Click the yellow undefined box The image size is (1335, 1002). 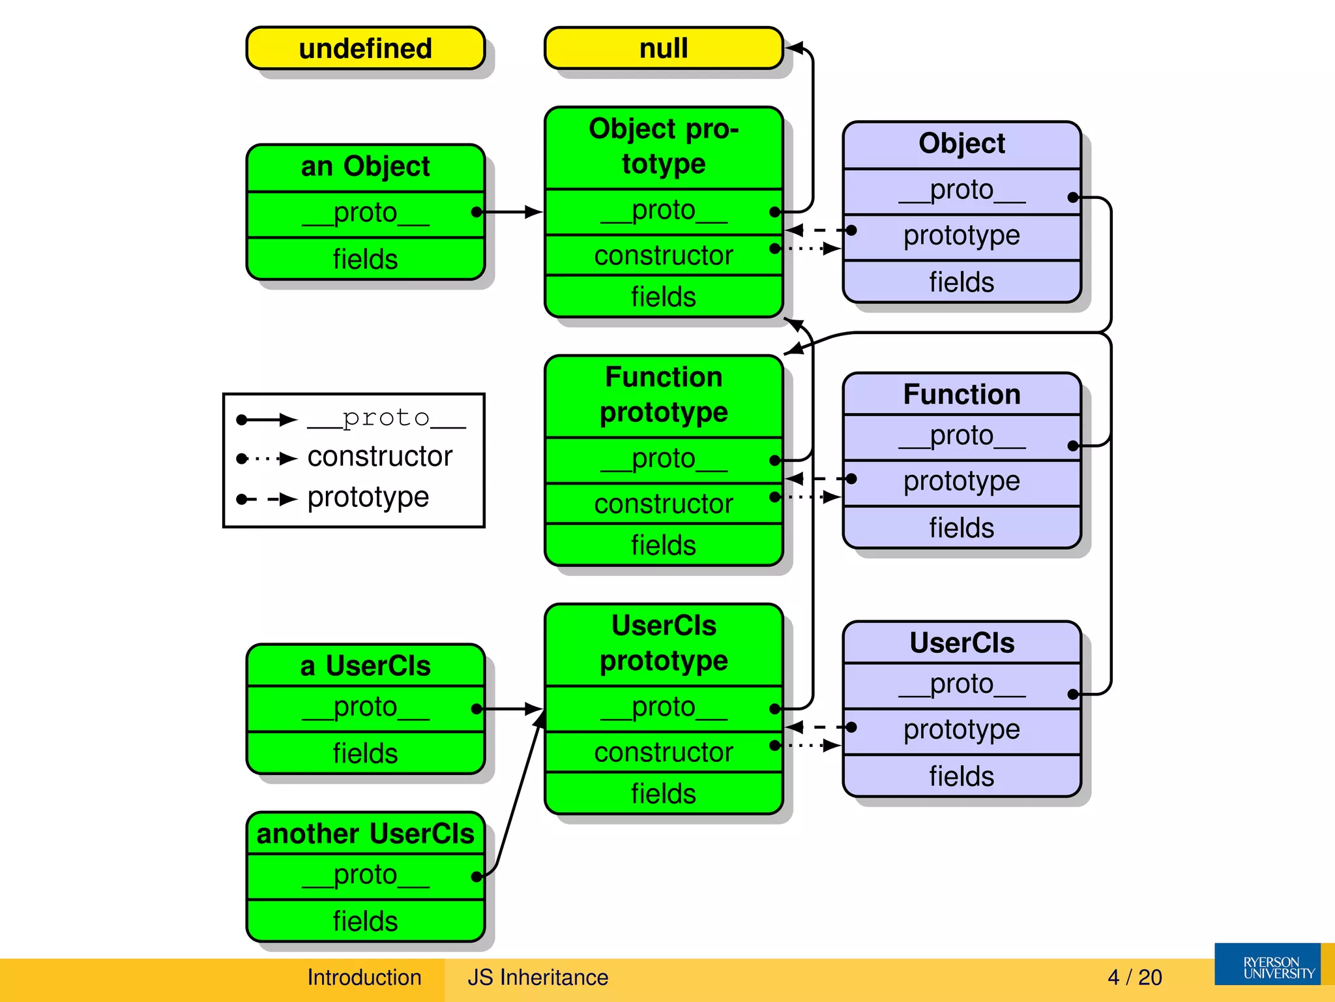click(365, 48)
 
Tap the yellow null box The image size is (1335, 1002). click(663, 48)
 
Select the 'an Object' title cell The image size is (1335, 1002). click(365, 167)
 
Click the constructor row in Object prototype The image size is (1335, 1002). click(663, 255)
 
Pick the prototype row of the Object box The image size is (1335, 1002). click(961, 235)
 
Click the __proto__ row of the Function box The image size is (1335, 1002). click(961, 436)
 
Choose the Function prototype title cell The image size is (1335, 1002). click(663, 395)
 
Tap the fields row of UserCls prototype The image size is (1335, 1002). click(663, 793)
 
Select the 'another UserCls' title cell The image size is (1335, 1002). click(365, 834)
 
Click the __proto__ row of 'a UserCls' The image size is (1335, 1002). click(365, 708)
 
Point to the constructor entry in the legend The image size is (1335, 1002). click(379, 457)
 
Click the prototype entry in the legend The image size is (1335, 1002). click(368, 498)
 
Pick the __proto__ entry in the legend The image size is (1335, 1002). click(386, 418)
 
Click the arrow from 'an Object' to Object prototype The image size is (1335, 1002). click(512, 212)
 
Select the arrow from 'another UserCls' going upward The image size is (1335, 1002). click(518, 796)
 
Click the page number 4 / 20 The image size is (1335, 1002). click(1134, 977)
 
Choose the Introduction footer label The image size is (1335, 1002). click(364, 977)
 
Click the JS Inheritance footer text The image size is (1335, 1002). click(537, 977)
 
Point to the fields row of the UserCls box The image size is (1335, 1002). click(961, 776)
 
